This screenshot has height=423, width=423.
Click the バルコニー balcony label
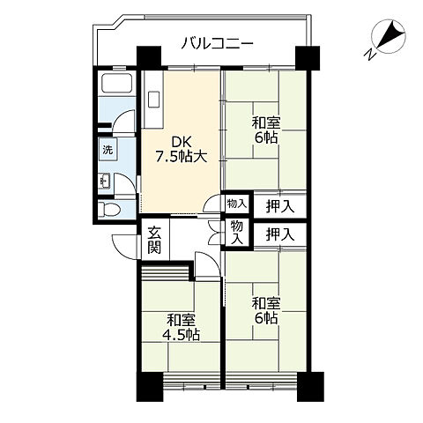(x=217, y=44)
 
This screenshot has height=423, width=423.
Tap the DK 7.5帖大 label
(x=182, y=149)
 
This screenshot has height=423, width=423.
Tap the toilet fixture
(x=109, y=210)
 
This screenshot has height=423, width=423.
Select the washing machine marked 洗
(x=108, y=150)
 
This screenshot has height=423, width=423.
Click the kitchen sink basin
(x=153, y=100)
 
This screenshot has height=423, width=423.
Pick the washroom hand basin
(x=105, y=181)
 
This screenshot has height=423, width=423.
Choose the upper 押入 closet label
(x=279, y=207)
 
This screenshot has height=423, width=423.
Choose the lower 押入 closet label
(x=279, y=234)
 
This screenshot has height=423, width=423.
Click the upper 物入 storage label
(x=236, y=204)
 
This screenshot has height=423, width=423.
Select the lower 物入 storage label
(x=237, y=233)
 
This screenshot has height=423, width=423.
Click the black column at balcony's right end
(x=308, y=57)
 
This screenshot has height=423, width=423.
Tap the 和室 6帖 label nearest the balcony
(x=266, y=130)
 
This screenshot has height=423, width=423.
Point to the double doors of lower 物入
(x=214, y=232)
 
